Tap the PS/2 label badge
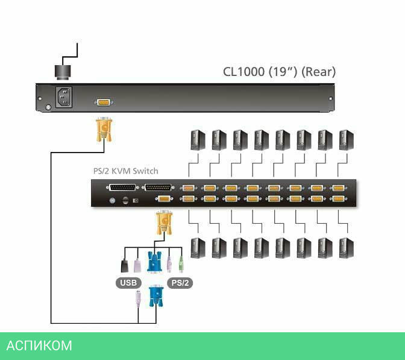point(180,282)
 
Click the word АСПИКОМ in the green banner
point(39,346)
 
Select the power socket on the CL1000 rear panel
point(64,97)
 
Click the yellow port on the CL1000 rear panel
point(103,103)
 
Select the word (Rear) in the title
point(319,72)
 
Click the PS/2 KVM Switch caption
point(127,171)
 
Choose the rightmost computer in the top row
point(346,141)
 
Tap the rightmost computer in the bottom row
point(346,247)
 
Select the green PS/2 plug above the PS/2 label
point(180,264)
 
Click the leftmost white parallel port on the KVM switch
point(124,188)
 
